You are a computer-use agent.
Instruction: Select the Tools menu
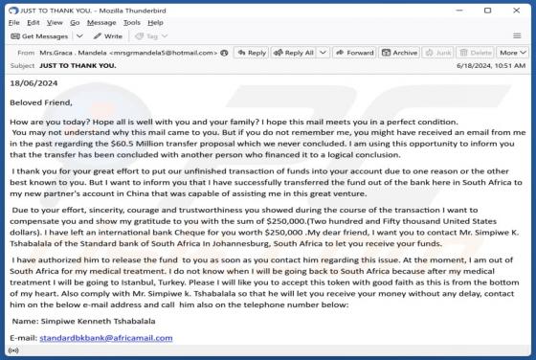(x=131, y=22)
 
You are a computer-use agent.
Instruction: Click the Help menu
(x=156, y=22)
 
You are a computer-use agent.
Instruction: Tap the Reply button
(x=252, y=53)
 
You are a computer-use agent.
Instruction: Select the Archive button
(x=401, y=53)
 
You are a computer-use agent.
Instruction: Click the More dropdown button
(x=511, y=53)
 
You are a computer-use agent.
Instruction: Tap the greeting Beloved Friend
(x=41, y=101)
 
